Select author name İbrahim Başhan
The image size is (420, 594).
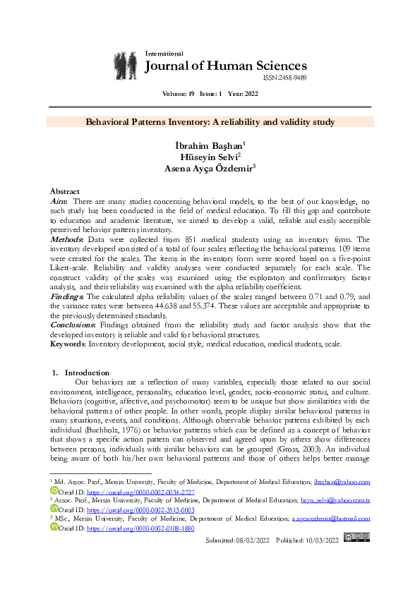tap(209, 145)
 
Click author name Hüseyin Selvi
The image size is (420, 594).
tap(209, 157)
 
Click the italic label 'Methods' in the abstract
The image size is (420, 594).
tap(66, 240)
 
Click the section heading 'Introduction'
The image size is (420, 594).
tap(87, 372)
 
